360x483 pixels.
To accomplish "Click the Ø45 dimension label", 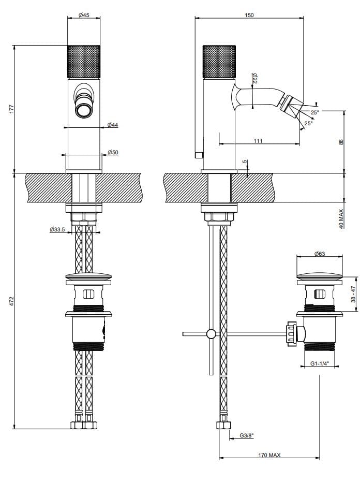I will click(x=84, y=15).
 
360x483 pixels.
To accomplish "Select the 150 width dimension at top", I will click(x=249, y=15).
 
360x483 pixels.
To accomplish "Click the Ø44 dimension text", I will click(x=112, y=125).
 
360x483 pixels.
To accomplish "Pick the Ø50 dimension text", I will click(x=112, y=152).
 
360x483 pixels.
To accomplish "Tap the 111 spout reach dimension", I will click(x=258, y=141).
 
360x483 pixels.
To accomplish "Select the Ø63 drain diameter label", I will click(x=319, y=254).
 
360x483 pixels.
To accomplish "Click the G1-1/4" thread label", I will click(x=319, y=364).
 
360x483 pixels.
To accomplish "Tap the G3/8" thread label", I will click(x=247, y=436).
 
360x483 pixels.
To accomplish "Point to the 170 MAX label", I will click(x=269, y=455).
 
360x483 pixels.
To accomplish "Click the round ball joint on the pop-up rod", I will click(x=211, y=334).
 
